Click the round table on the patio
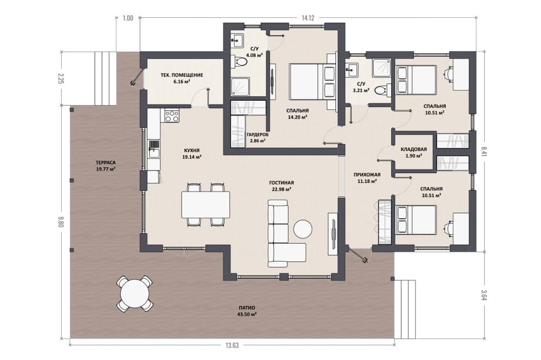point(135,294)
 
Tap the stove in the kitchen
point(172,116)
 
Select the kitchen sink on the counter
point(154,149)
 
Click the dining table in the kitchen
point(206,205)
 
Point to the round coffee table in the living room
point(303,229)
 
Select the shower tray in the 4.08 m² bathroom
point(240,86)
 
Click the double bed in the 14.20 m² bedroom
point(313,81)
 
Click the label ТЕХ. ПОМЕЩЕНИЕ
point(182,75)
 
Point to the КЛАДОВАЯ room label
point(414,149)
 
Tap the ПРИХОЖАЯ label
point(367,175)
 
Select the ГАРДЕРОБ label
point(258,135)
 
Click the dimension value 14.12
point(308,18)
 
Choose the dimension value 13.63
point(232,345)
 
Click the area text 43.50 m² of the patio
point(246,315)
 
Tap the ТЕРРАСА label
point(105,162)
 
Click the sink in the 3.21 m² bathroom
point(353,70)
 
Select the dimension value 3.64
point(484,296)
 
